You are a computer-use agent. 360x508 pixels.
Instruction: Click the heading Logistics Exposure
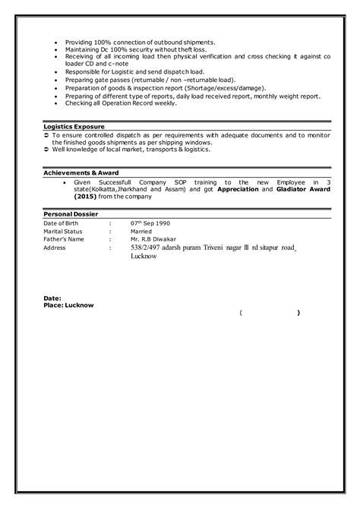click(74, 125)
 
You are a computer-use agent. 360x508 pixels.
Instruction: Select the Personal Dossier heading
click(71, 215)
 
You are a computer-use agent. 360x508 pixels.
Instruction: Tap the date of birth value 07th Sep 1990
click(151, 223)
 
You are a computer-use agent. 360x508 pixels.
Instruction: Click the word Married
click(141, 232)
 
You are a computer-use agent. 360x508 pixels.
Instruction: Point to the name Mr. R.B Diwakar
click(154, 239)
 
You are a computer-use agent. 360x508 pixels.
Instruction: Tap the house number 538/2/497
click(147, 248)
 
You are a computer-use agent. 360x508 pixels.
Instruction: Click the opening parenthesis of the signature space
click(240, 312)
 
